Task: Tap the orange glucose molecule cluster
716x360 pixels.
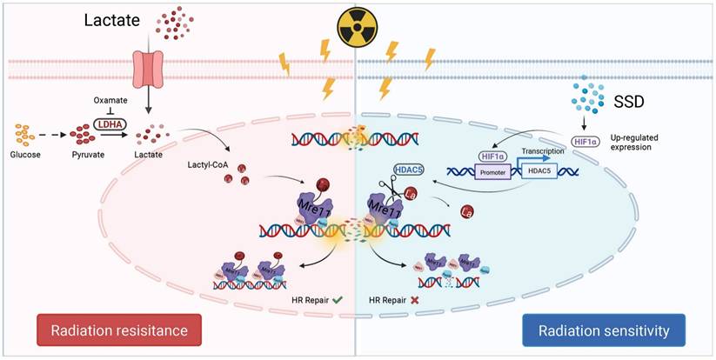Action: tap(26, 135)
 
